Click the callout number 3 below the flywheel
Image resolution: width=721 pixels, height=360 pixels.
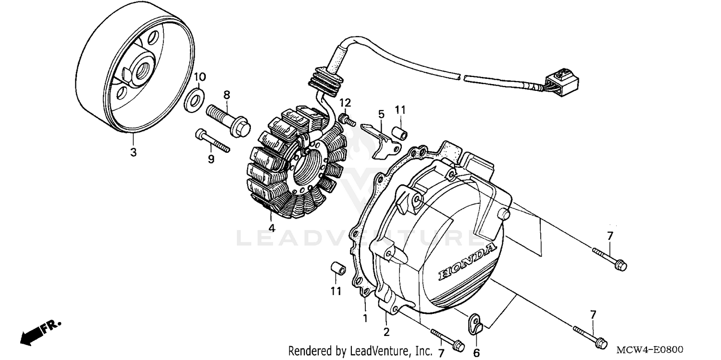133,153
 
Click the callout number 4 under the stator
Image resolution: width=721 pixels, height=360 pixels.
272,228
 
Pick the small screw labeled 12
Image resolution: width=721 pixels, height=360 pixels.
346,119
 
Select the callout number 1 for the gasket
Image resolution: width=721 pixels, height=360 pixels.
365,318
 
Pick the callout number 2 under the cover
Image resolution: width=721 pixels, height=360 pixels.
386,332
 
